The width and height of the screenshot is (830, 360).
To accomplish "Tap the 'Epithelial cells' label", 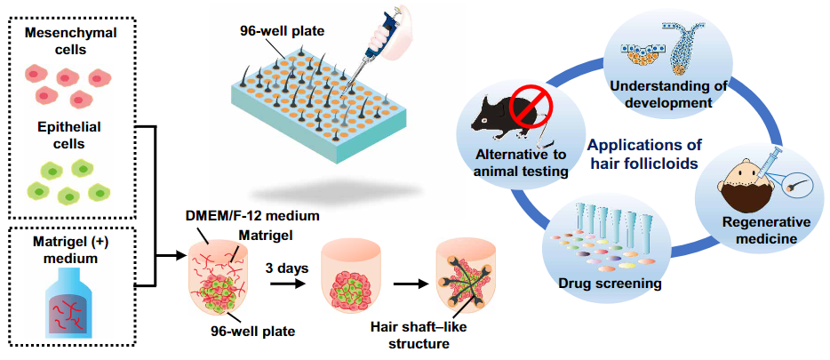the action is click(78, 136).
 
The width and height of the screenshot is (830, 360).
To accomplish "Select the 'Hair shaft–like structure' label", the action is click(419, 336).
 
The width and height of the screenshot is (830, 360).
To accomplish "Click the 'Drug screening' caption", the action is click(611, 284).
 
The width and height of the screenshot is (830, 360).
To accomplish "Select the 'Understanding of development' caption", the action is click(667, 93).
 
